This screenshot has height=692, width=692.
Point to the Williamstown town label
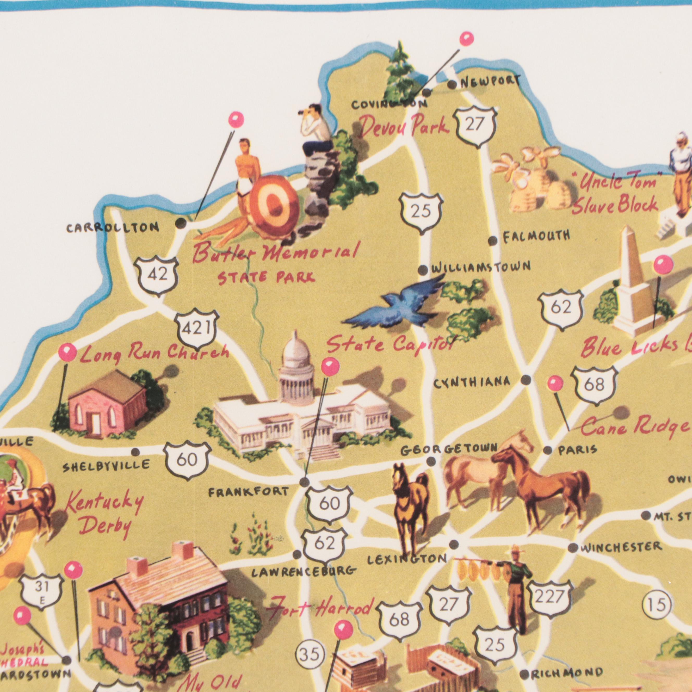(x=481, y=267)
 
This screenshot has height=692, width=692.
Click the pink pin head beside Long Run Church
(x=68, y=353)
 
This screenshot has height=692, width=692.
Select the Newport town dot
(x=452, y=85)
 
